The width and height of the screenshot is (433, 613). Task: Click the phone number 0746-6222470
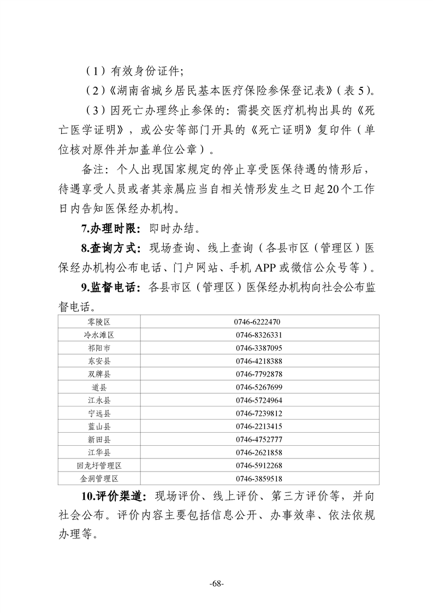click(259, 322)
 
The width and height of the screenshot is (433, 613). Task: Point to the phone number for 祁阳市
click(259, 348)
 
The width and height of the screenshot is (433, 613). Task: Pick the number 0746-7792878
click(259, 374)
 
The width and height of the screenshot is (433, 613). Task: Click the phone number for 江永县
click(259, 400)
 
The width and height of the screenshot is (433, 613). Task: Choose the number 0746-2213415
click(259, 427)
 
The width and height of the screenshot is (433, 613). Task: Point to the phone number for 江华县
click(259, 453)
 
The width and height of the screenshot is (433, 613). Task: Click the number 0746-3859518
click(259, 479)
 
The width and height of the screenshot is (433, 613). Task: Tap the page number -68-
click(217, 584)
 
